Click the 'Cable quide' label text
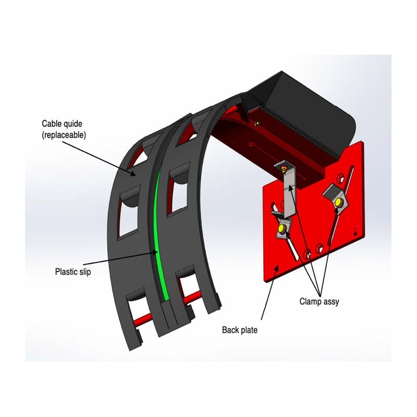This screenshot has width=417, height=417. pos(62,124)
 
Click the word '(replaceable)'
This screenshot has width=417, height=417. pos(64,135)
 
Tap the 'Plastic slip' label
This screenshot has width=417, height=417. pos(73,272)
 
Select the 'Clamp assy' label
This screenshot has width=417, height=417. pos(319,302)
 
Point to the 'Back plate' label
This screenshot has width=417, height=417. pos(240,330)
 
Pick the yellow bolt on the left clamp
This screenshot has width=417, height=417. pos(281,228)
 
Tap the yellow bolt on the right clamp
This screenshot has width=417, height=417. pos(338,203)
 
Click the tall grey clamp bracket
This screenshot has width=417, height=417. pos(289,189)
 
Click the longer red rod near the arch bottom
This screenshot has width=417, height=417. pos(192,299)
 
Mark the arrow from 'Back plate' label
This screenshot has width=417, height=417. pos(269,292)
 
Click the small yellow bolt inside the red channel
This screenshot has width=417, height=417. pos(256,123)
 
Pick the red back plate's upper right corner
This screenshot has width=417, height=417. pos(362,141)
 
